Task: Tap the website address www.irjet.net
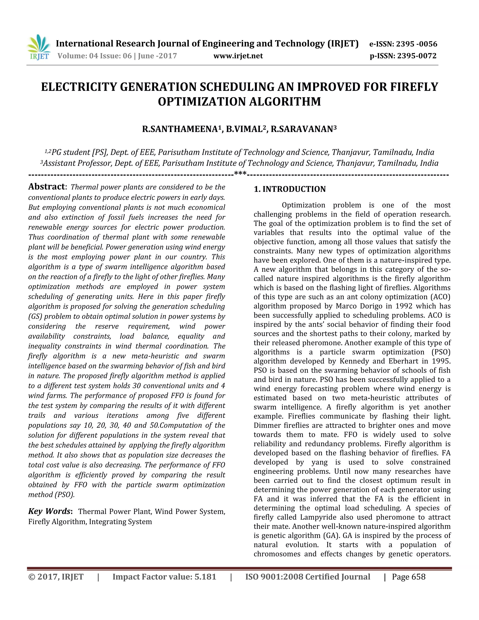click(238, 56)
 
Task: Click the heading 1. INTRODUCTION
click(290, 189)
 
